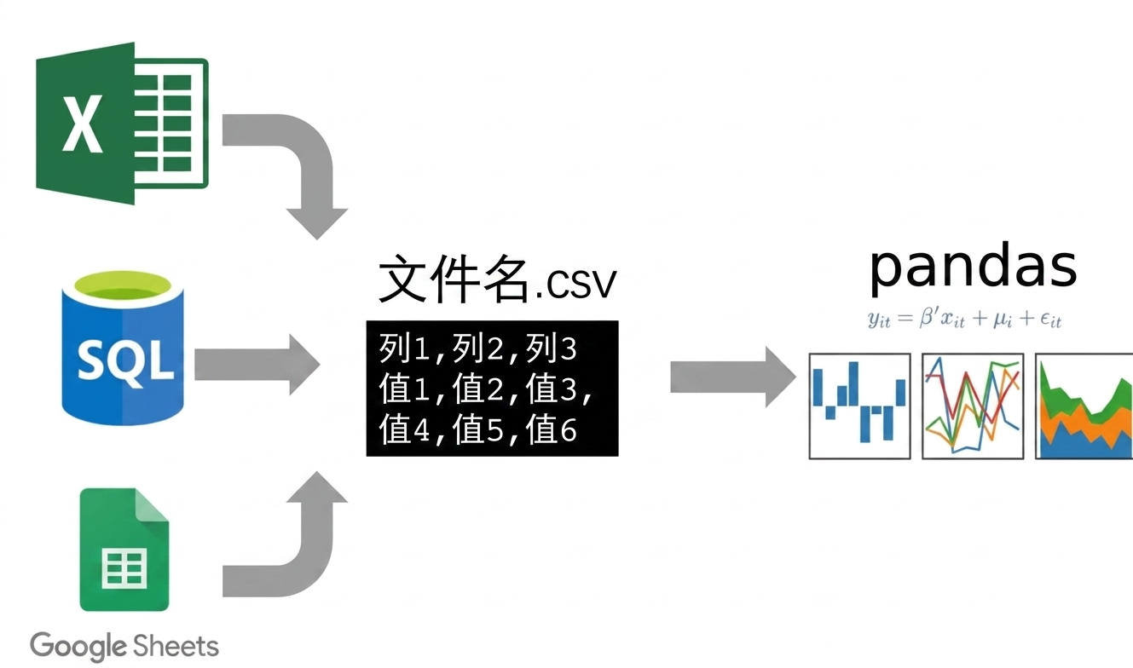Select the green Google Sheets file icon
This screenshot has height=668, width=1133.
point(124,550)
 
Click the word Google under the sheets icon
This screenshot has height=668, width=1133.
point(78,646)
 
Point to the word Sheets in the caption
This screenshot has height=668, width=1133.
point(176,645)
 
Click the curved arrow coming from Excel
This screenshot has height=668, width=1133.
point(303,152)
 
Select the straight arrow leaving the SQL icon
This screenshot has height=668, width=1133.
point(257,365)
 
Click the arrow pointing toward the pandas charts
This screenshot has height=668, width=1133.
point(733,377)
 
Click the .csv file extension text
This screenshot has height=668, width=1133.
point(575,283)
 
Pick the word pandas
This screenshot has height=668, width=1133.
point(973,266)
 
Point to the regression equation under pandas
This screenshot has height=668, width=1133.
point(964,319)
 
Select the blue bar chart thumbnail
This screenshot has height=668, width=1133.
point(860,406)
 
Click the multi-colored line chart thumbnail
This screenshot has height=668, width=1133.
point(974,406)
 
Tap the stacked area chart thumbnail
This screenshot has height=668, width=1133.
point(1084,406)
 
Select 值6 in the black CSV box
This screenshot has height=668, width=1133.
point(552,429)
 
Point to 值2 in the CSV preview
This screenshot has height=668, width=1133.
point(477,389)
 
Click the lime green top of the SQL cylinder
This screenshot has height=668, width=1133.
point(123,288)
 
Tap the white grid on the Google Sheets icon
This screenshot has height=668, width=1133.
point(124,568)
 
